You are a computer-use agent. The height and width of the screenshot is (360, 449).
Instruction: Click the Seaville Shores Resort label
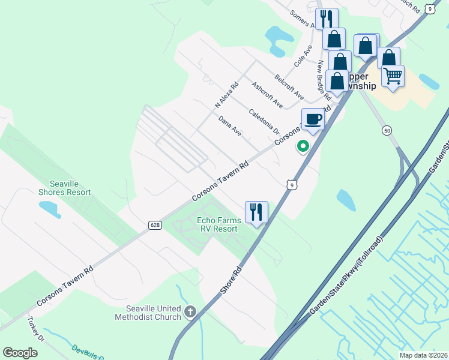pos(64,188)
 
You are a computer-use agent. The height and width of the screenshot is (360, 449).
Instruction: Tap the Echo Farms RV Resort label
pos(218,224)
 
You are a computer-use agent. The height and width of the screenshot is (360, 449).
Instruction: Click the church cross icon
pos(190,311)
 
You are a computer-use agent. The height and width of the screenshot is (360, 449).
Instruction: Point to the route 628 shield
pos(155,225)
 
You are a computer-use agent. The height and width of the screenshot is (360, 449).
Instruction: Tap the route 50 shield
pos(386,130)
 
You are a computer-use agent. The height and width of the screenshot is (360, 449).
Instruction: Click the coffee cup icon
pos(313,119)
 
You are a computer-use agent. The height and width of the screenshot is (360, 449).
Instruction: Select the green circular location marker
pos(303,146)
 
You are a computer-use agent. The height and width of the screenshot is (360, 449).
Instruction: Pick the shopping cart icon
pos(393,76)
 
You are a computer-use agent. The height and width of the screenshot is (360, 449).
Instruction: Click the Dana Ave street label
pos(230,126)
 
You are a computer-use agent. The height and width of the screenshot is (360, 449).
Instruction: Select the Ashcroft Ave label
pos(267,95)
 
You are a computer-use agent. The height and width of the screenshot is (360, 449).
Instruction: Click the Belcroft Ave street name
pos(289,88)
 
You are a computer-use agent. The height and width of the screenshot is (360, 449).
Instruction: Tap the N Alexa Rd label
pos(227,95)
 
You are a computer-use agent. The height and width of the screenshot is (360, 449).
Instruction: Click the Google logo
pos(20,353)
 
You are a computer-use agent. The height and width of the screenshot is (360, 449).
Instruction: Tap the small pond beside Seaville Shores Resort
pos(49,208)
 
